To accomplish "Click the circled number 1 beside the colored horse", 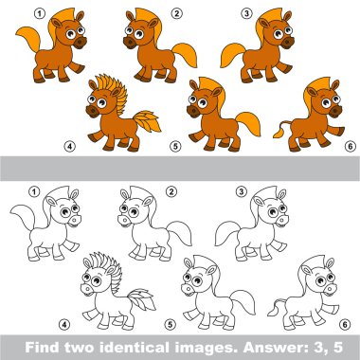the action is point(40,13).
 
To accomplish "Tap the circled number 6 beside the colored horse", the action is point(350,147).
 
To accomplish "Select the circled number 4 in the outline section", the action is point(64,324).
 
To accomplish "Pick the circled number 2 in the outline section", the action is point(171,191).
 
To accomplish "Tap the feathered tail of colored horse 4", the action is point(147,121).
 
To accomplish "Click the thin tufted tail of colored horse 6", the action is point(281,130).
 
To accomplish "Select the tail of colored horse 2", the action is point(185,54).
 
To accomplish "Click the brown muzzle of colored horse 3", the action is point(287,43).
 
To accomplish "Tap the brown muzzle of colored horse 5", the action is point(193,112).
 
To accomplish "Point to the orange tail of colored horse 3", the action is point(232,54).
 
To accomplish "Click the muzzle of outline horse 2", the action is point(125,220).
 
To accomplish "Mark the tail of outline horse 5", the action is point(243,301).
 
